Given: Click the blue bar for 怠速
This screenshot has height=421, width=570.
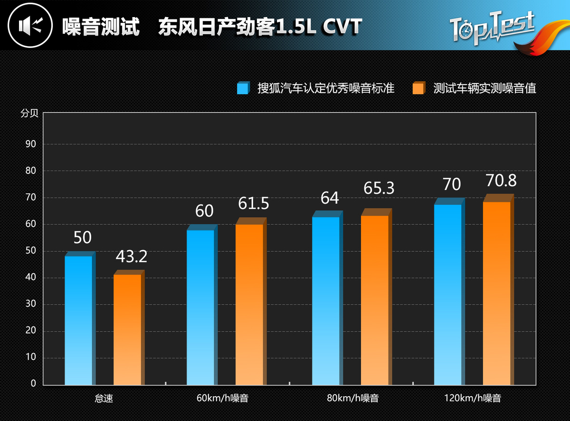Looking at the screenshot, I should point(78,320).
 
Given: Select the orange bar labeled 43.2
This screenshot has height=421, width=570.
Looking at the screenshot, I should point(127,330).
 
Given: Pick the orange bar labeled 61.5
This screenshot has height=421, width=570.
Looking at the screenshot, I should point(249,304).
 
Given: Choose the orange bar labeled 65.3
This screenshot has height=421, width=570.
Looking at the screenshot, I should point(375,300).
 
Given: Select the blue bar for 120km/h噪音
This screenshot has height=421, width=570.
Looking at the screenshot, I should point(448,294).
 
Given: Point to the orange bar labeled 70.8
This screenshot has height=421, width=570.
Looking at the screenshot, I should point(497,293).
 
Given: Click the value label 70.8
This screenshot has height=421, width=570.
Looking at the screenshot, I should point(501,181).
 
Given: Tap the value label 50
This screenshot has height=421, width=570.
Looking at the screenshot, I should point(82,238).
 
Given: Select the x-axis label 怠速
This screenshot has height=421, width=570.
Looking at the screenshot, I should point(104,398).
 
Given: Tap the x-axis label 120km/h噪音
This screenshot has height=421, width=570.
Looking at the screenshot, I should point(473,398).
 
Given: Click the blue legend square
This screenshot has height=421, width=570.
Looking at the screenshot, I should point(243,88).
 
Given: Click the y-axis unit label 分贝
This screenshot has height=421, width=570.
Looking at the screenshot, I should point(28,114).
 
